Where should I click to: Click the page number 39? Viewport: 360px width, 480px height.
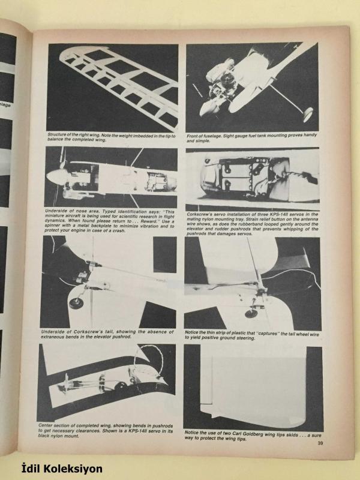pos(320,443)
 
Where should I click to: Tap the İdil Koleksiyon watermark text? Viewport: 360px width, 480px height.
pos(62,469)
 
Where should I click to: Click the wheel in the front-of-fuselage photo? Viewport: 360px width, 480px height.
pos(308,114)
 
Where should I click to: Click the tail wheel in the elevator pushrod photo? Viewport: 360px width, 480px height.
pos(76,303)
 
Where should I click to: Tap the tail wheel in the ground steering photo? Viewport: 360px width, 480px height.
pos(251,313)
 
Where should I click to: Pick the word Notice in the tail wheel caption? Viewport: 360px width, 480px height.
pos(191,332)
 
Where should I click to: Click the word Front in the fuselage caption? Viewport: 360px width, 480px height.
pos(192,136)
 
